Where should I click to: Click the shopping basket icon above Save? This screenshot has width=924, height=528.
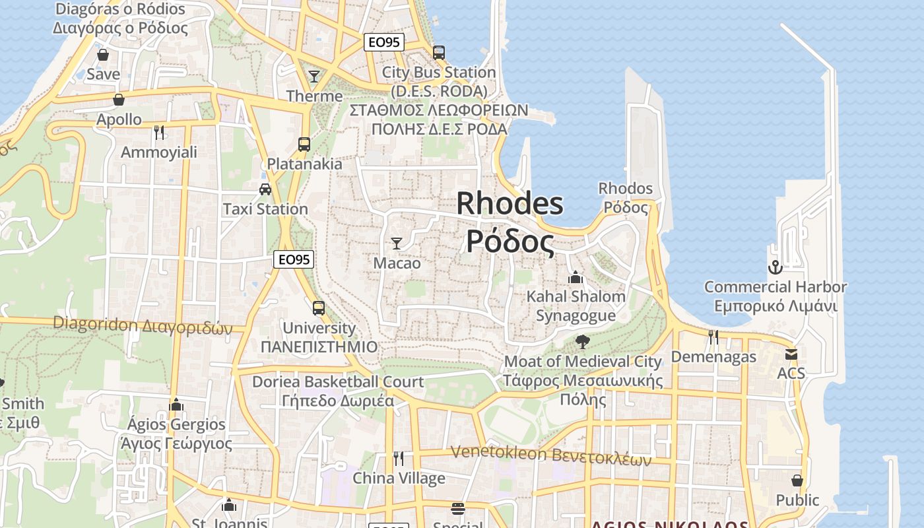tap(102, 54)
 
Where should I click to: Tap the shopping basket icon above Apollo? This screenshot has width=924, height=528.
tap(119, 100)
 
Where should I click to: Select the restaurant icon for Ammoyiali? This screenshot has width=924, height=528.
tap(158, 132)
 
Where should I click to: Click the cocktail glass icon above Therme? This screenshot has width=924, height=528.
tap(314, 76)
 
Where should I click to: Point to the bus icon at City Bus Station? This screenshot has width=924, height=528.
tap(438, 52)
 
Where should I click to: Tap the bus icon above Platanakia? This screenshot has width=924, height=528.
tap(304, 144)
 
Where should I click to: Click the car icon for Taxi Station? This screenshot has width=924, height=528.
tap(265, 189)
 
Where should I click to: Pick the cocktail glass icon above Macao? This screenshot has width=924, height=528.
tap(397, 243)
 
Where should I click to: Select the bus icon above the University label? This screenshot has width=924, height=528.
tap(319, 308)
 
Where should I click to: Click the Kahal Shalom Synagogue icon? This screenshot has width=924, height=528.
tap(576, 277)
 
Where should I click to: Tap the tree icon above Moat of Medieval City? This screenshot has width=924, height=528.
tap(582, 341)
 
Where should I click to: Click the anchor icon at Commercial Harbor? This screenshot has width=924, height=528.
tap(775, 267)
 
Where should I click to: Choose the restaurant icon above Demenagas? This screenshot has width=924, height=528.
tap(713, 337)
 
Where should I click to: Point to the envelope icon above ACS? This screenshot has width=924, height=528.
tap(791, 354)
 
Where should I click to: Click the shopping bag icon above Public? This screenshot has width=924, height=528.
tap(797, 480)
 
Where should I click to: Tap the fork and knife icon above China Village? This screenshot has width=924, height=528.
tap(398, 457)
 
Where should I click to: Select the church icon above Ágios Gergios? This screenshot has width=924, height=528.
tap(176, 404)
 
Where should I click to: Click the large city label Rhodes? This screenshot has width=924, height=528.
tap(510, 203)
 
